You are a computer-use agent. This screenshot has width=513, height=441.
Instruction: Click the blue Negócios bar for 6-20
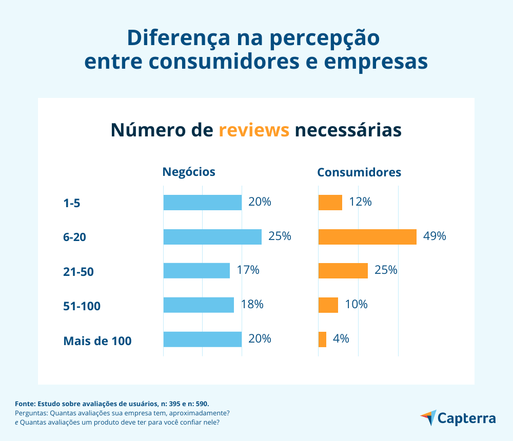(x=212, y=237)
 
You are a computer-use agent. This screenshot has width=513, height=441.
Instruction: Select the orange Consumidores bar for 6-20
(x=367, y=237)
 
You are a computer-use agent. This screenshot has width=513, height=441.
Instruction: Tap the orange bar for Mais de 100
(x=322, y=339)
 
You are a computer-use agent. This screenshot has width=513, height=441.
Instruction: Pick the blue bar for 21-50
(x=196, y=271)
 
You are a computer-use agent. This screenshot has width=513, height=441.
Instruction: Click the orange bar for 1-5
(x=330, y=203)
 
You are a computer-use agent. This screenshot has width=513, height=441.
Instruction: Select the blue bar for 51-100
(x=199, y=305)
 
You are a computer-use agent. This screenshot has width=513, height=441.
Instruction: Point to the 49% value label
(x=435, y=236)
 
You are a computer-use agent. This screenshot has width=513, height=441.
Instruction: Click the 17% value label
(x=248, y=270)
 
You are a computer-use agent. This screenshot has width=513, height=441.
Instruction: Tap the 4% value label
(x=341, y=338)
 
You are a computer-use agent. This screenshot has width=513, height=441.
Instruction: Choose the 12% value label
(x=360, y=202)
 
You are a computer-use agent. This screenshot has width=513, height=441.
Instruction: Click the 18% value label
(x=252, y=304)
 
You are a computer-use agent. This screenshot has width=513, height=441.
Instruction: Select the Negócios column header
(x=189, y=172)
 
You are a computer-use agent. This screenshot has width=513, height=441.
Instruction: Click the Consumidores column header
(x=359, y=172)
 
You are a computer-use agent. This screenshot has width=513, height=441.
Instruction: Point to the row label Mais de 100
(x=97, y=340)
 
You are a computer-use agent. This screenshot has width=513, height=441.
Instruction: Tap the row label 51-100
(x=82, y=307)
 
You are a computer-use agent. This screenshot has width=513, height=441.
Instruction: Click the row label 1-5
(x=72, y=204)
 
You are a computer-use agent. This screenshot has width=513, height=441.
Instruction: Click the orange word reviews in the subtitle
(x=254, y=130)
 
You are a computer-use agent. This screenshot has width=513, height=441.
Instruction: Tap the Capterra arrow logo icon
(x=428, y=417)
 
